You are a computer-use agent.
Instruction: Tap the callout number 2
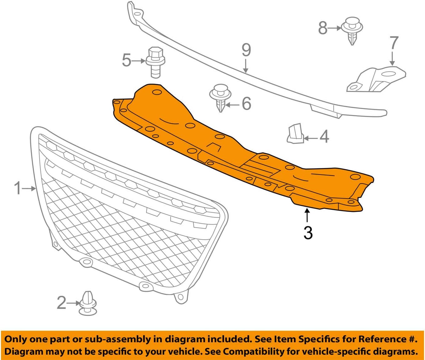tap(61, 303)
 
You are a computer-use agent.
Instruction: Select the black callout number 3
tap(308, 233)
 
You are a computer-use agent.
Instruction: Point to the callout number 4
tap(324, 137)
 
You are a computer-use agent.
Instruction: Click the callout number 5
tap(126, 60)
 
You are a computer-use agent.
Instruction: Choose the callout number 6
tap(246, 103)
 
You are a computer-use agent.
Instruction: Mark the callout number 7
tap(394, 43)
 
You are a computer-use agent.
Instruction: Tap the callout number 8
tap(323, 28)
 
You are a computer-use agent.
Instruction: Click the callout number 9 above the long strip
tap(246, 50)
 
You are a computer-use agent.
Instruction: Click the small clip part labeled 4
tap(295, 134)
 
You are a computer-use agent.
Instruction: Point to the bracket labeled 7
tap(376, 80)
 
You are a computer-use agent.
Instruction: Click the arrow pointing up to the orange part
tap(307, 215)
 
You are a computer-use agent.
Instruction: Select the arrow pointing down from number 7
tap(392, 58)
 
